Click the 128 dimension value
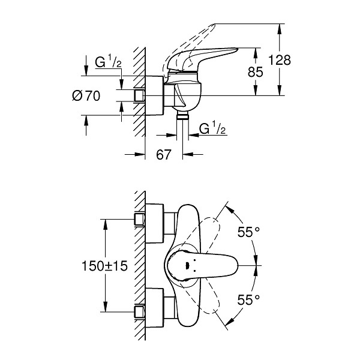pyautogui.click(x=280, y=60)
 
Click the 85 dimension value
pyautogui.click(x=255, y=72)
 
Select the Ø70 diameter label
pyautogui.click(x=86, y=96)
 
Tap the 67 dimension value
pyautogui.click(x=164, y=155)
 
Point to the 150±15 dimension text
pyautogui.click(x=104, y=266)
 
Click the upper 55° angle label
pyautogui.click(x=248, y=232)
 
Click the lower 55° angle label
pyautogui.click(x=248, y=299)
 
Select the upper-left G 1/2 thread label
pyautogui.click(x=109, y=62)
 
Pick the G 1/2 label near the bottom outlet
pyautogui.click(x=212, y=128)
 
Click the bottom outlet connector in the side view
pyautogui.click(x=182, y=116)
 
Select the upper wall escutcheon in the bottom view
pyautogui.click(x=155, y=223)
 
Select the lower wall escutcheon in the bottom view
pyautogui.click(x=155, y=308)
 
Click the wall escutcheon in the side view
pyautogui.click(x=155, y=95)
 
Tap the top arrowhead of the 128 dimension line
pyautogui.click(x=279, y=29)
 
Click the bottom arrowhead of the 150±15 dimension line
pyautogui.click(x=105, y=307)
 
